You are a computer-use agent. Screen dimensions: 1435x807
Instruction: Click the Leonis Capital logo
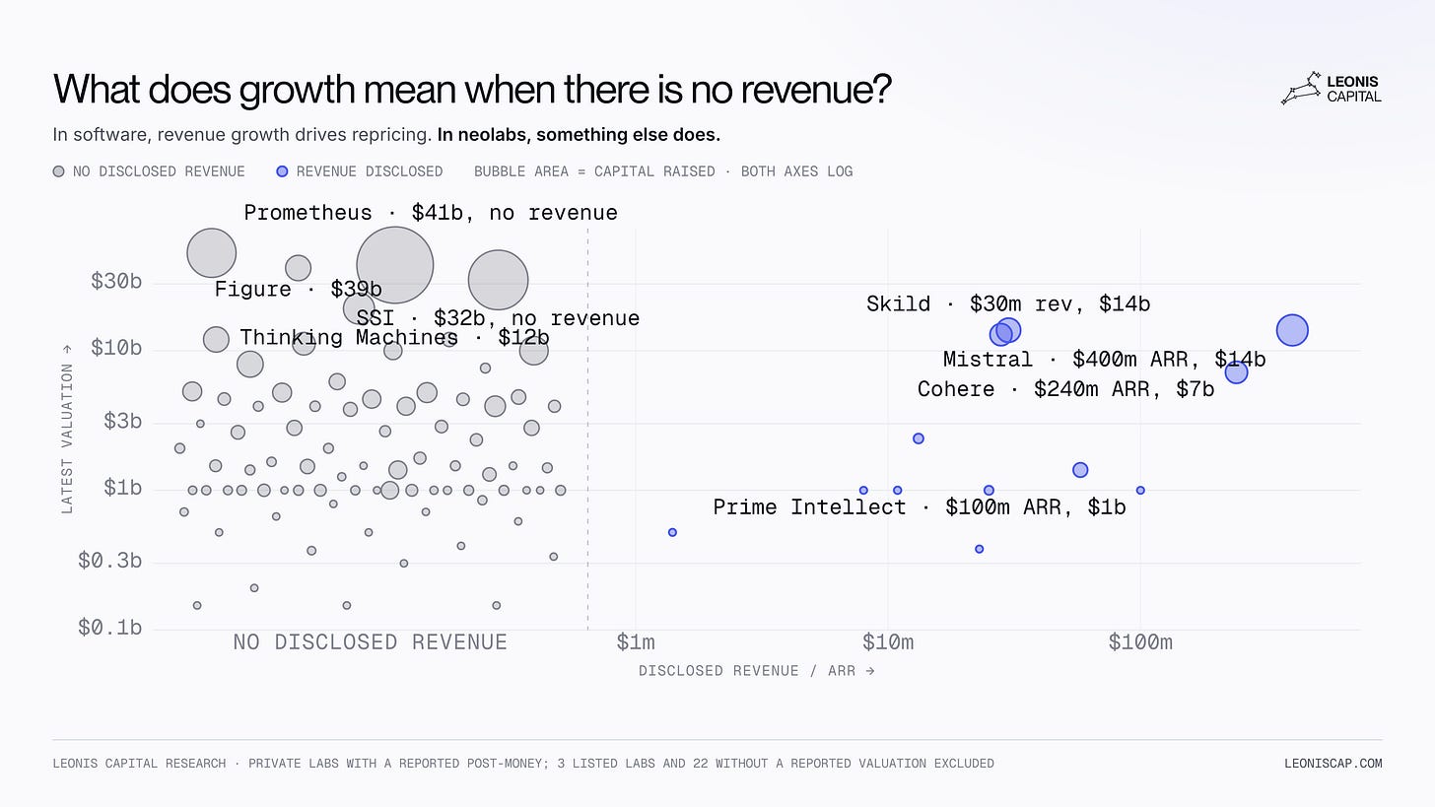[1332, 89]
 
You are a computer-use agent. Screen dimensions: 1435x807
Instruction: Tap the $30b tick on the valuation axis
[116, 281]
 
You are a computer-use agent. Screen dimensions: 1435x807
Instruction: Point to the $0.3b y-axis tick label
[109, 561]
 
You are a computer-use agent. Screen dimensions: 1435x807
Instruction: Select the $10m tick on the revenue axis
[888, 641]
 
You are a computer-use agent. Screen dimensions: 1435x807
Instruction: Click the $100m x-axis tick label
[1140, 641]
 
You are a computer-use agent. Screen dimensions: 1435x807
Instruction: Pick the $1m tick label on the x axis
[636, 641]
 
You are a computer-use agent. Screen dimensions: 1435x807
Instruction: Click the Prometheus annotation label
[431, 213]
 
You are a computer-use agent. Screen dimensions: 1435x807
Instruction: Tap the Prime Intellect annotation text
[920, 507]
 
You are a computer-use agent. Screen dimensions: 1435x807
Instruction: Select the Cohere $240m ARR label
[1066, 389]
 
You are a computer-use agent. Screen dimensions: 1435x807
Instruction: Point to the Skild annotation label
[1008, 303]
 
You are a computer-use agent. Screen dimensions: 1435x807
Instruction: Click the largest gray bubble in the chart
[394, 264]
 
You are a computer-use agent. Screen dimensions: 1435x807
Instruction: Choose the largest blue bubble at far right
[1292, 330]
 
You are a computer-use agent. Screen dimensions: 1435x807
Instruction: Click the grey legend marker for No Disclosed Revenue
[58, 171]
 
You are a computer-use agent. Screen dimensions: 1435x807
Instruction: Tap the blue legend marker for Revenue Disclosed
[282, 171]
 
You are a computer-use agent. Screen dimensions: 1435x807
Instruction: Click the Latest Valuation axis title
[67, 430]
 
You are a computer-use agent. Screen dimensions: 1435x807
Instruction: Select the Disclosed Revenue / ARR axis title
[757, 671]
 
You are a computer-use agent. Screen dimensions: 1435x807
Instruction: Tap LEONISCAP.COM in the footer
[1333, 764]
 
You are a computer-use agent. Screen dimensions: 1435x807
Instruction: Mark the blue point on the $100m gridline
[1140, 491]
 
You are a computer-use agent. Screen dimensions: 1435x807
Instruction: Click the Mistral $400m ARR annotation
[1105, 360]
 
